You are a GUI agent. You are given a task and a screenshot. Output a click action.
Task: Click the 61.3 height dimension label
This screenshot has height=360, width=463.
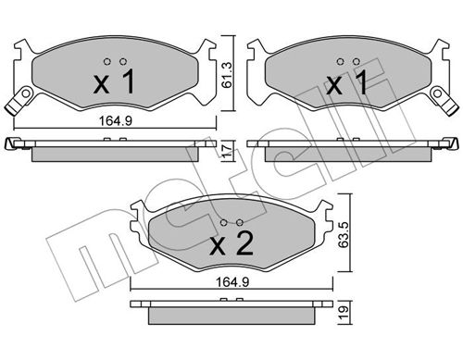coord(228,75)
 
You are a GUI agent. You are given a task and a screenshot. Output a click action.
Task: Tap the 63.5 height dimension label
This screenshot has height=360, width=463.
coord(344,233)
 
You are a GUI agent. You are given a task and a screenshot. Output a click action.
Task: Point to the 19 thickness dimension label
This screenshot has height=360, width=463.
coord(344,314)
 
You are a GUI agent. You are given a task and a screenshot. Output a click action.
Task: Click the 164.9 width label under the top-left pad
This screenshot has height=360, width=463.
coord(116,120)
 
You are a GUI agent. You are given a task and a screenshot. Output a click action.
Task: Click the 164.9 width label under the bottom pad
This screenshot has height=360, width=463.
coord(232,282)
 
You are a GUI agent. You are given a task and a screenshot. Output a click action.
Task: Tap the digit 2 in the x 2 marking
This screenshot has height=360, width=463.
coord(244,243)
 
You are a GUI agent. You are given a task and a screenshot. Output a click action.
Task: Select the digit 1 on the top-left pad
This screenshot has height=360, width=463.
coord(127,81)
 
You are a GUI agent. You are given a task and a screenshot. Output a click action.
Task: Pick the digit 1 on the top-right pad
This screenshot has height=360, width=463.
coord(360,81)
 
